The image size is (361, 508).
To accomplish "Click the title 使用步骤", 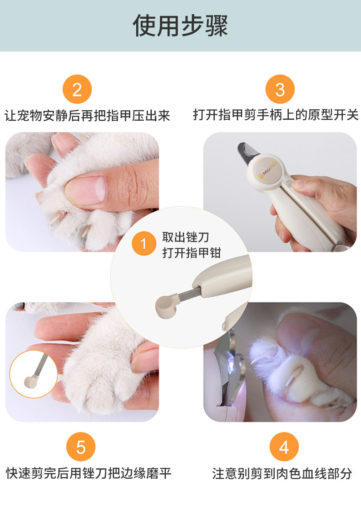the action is [180, 26].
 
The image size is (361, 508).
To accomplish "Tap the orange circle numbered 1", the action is [144, 243].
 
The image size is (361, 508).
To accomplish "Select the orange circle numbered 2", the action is [77, 89].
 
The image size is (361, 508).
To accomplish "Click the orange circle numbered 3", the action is [280, 89].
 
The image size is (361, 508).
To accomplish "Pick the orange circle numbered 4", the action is [284, 447].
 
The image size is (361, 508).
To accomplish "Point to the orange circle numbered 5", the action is [81, 447].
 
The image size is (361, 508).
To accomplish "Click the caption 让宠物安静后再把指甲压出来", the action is [87, 116].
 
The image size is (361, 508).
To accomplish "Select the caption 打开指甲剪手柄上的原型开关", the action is [276, 115].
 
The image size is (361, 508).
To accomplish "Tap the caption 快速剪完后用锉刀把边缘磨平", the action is [88, 473].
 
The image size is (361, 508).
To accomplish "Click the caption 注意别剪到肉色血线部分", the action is [282, 474].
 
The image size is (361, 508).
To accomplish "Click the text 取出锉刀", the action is [186, 237].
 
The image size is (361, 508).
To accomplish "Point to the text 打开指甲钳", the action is [191, 253].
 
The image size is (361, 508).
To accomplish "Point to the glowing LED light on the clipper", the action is [232, 364].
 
